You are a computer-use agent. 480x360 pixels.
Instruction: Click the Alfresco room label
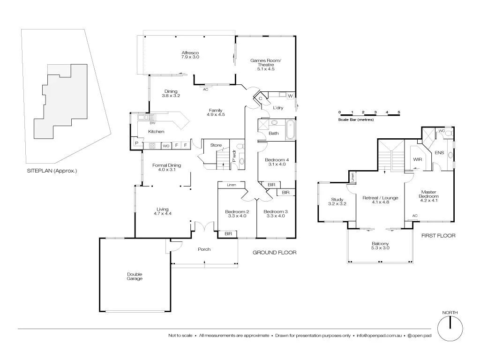click(190, 55)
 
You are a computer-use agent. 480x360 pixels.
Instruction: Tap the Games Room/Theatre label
click(265, 65)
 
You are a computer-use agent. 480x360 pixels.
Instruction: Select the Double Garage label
click(134, 277)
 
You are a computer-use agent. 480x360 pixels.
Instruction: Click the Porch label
click(204, 249)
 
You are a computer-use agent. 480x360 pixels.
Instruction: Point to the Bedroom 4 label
click(277, 162)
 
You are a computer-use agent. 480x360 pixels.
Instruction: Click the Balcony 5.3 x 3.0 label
click(380, 246)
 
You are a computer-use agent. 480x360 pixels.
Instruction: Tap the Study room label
click(337, 202)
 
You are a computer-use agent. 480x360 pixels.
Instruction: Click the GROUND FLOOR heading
click(274, 253)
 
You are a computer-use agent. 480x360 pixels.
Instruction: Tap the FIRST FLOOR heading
click(438, 236)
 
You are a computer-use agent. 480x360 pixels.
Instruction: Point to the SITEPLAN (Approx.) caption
click(52, 171)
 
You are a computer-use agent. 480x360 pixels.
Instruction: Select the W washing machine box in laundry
click(290, 96)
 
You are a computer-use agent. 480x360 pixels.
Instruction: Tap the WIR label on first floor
click(417, 160)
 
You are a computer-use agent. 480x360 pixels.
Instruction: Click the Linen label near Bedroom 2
click(231, 185)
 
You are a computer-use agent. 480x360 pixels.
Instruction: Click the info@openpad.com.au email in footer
click(378, 336)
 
